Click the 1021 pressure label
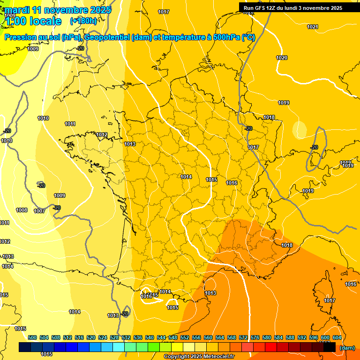click(313, 27)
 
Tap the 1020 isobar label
click(282, 58)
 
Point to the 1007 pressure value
click(39, 211)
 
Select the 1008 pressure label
click(22, 210)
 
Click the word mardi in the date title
click(17, 10)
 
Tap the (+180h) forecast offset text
click(83, 21)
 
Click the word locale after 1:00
click(45, 21)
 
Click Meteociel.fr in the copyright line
click(216, 356)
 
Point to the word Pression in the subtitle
click(21, 37)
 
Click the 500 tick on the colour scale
click(32, 337)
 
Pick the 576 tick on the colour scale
click(255, 337)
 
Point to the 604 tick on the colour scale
click(337, 337)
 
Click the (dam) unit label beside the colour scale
click(347, 347)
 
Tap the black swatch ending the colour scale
click(330, 347)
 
